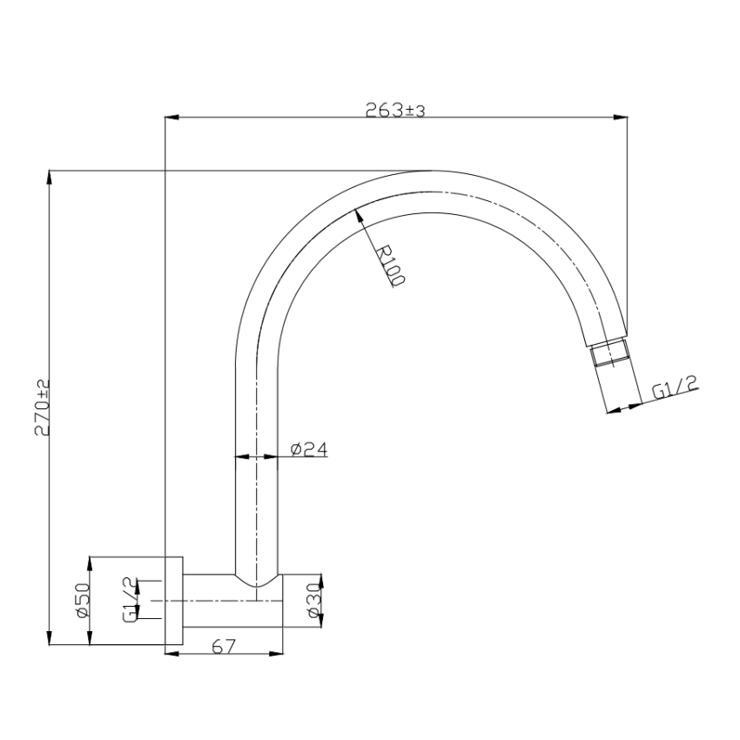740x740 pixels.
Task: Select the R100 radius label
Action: (390, 266)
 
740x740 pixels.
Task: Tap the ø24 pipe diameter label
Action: (307, 449)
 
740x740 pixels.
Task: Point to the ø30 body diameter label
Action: (315, 602)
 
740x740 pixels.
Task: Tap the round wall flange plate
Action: (172, 601)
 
